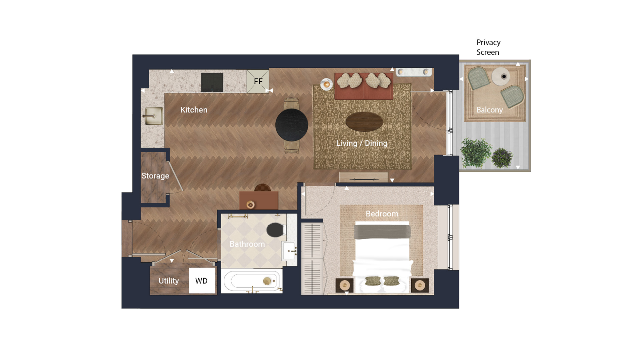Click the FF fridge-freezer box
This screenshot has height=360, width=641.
point(258,81)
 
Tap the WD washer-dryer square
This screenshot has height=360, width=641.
point(202,281)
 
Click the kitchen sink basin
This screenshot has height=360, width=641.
point(154,116)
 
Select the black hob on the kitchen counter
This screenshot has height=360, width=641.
point(212,82)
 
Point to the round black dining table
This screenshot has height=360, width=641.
point(291,125)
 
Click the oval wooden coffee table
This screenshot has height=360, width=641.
point(364,121)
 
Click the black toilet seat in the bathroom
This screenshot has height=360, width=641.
point(275,230)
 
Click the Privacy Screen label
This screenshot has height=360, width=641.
point(488,47)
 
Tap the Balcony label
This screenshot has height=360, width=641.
point(489,110)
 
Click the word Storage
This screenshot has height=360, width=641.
point(155,176)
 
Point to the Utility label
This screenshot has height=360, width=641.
point(169,281)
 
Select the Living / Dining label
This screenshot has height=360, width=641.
point(362,143)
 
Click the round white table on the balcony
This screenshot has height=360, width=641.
point(501,76)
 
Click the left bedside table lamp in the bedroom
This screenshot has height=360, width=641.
point(345,285)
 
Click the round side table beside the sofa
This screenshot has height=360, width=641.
point(326,84)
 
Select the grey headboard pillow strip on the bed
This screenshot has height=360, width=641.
point(382,232)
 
